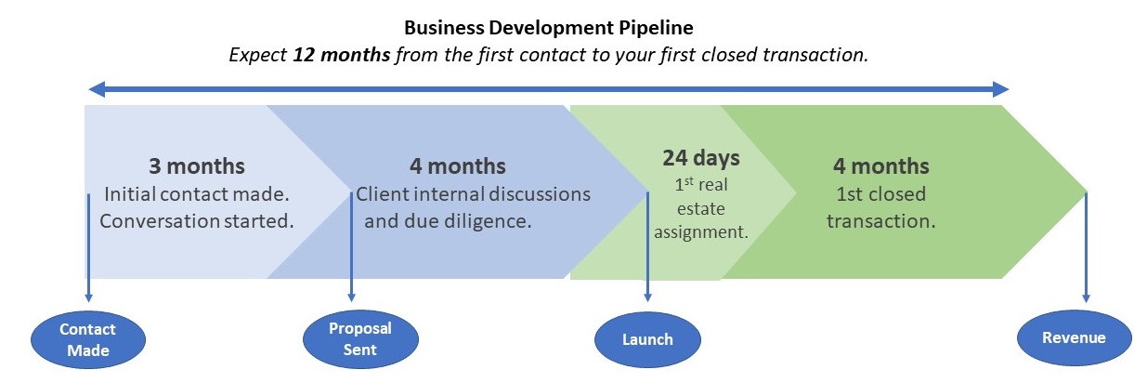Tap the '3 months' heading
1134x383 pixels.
197,167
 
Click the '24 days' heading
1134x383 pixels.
700,157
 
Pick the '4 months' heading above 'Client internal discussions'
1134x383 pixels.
458,167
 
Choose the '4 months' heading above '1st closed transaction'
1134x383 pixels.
881,167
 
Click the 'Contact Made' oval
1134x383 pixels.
87,339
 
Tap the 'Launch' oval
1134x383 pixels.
647,338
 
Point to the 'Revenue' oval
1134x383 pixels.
1074,337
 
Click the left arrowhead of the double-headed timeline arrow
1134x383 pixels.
93,89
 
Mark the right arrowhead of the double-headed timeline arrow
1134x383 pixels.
1001,89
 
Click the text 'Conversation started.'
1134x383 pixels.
196,221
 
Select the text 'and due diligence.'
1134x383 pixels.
448,222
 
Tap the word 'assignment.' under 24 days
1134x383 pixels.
701,232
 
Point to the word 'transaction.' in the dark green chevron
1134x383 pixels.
880,222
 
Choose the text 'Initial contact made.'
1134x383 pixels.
197,195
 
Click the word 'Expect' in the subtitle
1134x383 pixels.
258,55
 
